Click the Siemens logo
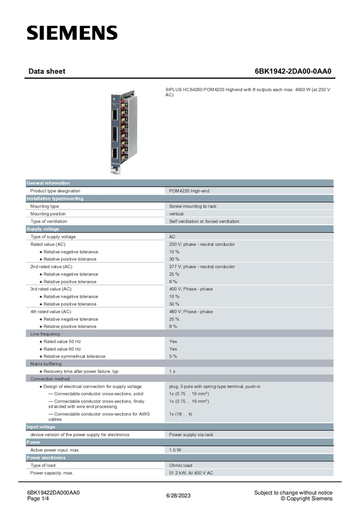72,33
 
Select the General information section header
48,183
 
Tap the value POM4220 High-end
189,191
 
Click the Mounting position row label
48,214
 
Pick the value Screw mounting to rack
193,206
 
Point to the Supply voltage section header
43,229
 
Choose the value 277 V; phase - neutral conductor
202,266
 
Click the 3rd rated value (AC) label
51,289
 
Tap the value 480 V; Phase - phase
190,311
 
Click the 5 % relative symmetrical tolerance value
173,356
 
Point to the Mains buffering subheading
46,364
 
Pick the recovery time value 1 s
172,371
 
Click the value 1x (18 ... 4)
180,414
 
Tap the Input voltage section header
41,427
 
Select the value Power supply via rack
190,435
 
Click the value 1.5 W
176,450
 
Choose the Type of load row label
43,465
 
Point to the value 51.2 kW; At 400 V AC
191,473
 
